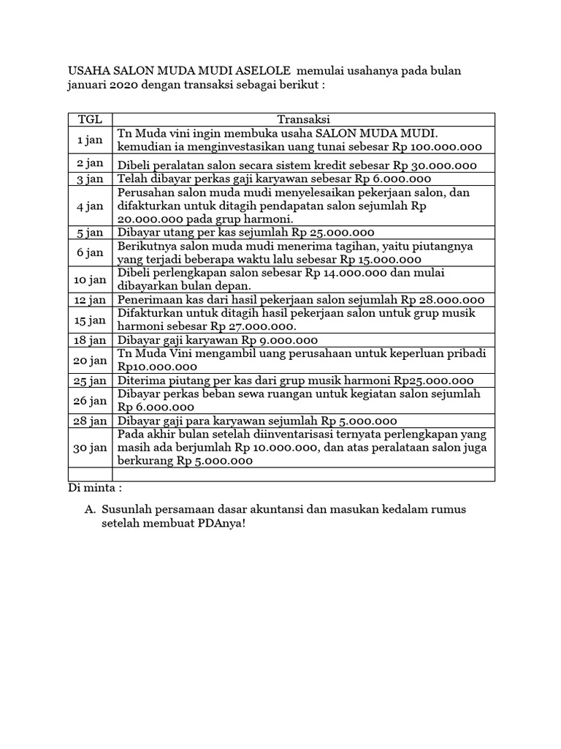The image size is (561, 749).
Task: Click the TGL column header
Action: [x=91, y=119]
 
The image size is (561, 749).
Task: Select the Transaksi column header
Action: [x=303, y=119]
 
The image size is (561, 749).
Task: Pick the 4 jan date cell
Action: [x=91, y=206]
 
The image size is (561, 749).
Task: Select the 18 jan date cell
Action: [x=91, y=340]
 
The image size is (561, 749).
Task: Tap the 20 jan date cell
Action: [x=91, y=360]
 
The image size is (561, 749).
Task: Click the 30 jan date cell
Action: [x=91, y=448]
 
